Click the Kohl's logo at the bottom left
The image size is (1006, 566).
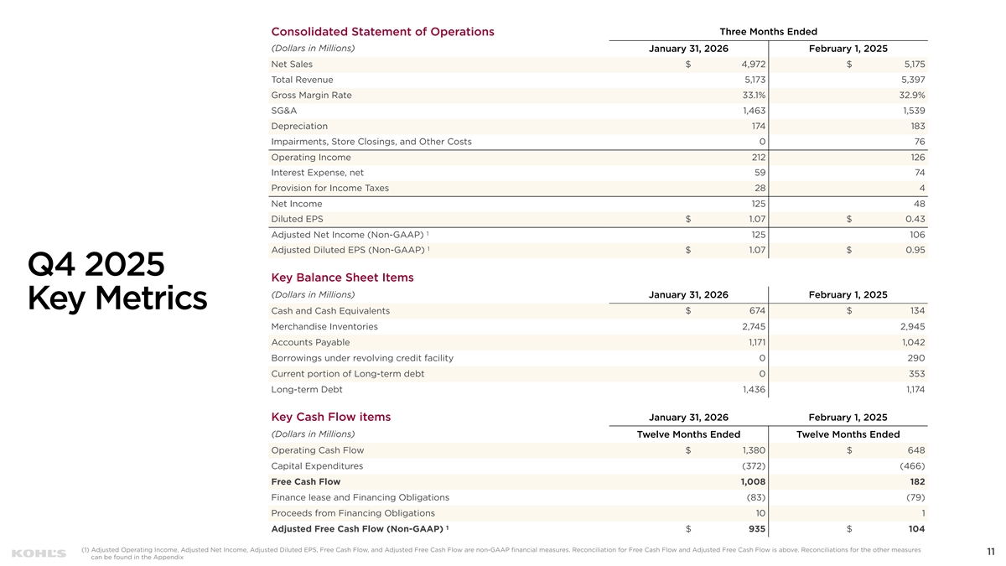point(39,553)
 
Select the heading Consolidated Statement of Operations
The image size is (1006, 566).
point(382,32)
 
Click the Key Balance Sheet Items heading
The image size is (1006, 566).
point(342,278)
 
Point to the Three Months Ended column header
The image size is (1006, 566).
point(768,32)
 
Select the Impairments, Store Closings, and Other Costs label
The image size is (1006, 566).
point(371,142)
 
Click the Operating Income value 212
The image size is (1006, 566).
point(757,158)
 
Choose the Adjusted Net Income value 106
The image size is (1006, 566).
point(915,235)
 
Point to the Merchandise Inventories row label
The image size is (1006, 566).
point(324,327)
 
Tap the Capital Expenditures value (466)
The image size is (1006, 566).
point(911,466)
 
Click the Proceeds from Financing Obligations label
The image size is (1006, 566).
point(353,513)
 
